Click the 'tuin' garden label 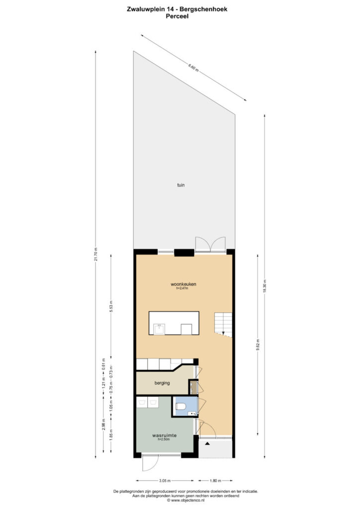(181, 185)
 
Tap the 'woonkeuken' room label (183, 284)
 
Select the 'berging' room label (162, 383)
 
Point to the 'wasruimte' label (164, 435)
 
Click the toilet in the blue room (180, 406)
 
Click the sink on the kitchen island (159, 329)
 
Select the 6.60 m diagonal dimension (193, 68)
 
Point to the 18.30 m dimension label (265, 286)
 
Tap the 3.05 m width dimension (165, 481)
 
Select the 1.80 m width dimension (215, 481)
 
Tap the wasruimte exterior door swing (150, 463)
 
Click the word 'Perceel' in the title (177, 16)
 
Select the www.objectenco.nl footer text (185, 501)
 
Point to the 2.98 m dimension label (103, 425)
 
